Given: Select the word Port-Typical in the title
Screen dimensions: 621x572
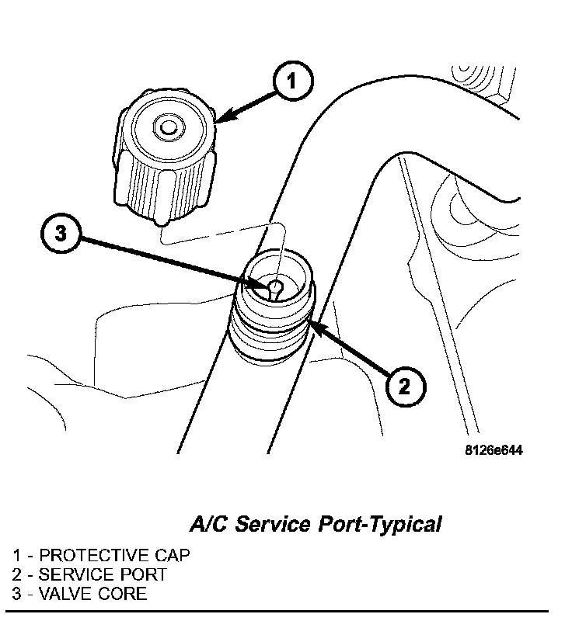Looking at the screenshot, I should coord(380,525).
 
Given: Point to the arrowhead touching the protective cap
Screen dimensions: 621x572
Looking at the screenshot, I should coord(221,118).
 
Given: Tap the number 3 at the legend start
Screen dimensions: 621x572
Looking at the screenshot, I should coord(17,595).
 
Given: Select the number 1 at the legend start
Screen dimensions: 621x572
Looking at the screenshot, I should coord(17,556).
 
